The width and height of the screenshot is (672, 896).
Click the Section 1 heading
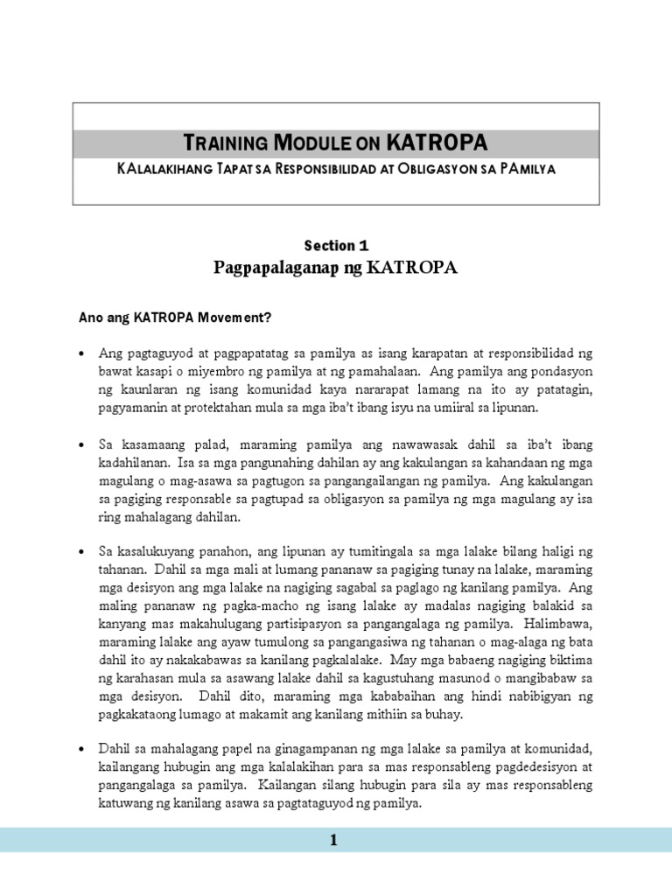336,246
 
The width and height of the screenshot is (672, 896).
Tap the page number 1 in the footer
332,841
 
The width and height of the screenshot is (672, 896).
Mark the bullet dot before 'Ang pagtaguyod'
82,354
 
